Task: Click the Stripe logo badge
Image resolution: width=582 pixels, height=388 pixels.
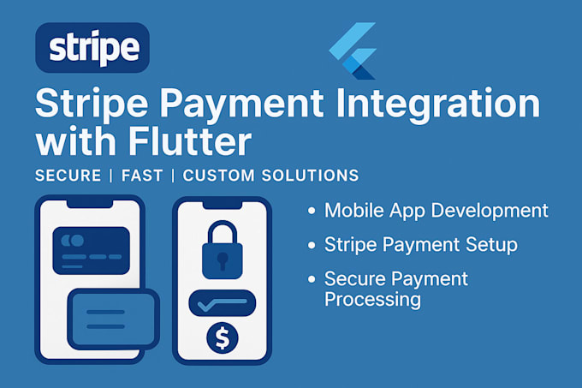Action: pos(93,47)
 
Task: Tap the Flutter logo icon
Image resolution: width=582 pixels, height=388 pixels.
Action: pos(353,52)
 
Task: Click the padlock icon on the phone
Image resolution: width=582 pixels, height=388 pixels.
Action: pos(223,251)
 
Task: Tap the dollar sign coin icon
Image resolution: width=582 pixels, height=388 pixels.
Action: pos(223,337)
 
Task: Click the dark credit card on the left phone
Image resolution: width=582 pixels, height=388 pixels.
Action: pos(91,250)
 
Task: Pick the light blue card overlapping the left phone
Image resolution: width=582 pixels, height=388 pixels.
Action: pos(113,319)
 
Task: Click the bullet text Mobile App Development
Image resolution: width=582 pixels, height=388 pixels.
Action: pos(436,211)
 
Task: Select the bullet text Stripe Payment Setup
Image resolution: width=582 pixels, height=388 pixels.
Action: pos(421,245)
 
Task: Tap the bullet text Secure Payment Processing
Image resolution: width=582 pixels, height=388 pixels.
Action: pos(396,289)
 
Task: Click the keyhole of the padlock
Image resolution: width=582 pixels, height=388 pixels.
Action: pos(223,258)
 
